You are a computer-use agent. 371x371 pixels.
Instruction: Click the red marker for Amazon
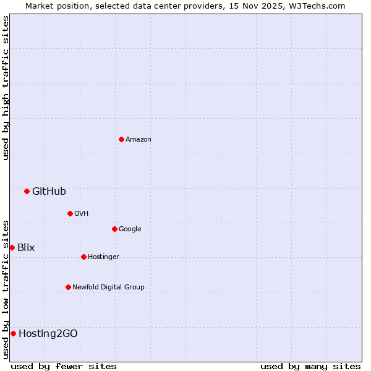click(x=121, y=139)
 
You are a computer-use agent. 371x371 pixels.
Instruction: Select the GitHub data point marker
click(x=27, y=191)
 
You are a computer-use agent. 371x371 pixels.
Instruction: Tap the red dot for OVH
click(x=70, y=213)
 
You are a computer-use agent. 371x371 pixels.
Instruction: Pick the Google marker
click(x=114, y=229)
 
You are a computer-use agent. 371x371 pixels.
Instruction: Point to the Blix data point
click(x=12, y=247)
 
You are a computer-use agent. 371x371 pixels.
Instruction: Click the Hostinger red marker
click(x=83, y=257)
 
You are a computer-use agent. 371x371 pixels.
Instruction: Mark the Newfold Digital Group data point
click(x=68, y=287)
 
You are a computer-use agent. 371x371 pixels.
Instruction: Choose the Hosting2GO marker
click(x=13, y=333)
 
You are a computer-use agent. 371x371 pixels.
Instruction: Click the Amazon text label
click(x=138, y=139)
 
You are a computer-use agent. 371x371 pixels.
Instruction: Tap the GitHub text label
click(x=49, y=191)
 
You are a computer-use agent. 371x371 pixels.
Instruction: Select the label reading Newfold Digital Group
click(x=108, y=287)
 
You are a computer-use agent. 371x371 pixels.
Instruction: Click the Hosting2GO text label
click(x=48, y=333)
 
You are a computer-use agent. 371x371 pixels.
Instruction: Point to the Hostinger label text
click(x=103, y=257)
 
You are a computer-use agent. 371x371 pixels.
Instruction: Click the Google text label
click(x=130, y=229)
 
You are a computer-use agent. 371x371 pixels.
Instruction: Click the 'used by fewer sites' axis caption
click(x=64, y=366)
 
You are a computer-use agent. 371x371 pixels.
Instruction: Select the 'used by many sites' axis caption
click(x=310, y=366)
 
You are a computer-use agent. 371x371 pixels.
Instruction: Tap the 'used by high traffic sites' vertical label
click(x=6, y=88)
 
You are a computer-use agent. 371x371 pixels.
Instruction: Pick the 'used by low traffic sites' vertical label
click(x=6, y=289)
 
